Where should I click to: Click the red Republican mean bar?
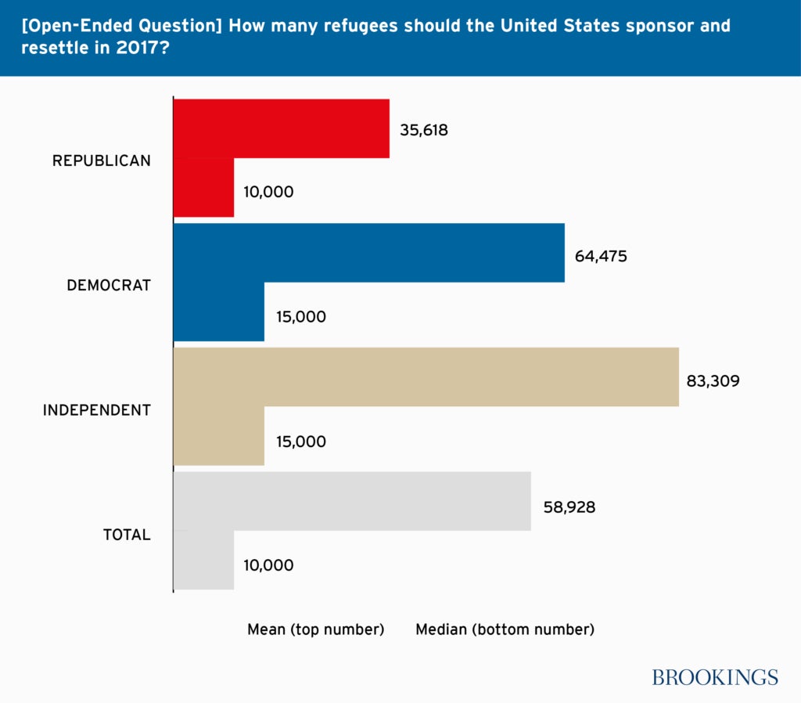(282, 128)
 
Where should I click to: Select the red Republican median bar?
(203, 188)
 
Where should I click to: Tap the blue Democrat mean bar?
(368, 253)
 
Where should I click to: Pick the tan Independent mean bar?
(426, 377)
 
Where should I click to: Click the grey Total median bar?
(203, 561)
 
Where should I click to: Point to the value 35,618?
(424, 131)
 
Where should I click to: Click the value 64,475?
(601, 256)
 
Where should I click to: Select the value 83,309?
(713, 381)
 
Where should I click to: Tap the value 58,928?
(569, 507)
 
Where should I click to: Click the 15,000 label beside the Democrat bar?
(301, 317)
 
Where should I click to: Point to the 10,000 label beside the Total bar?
(268, 565)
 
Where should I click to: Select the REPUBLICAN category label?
(101, 160)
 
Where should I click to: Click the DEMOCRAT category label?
(109, 286)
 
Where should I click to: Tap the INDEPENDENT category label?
(96, 410)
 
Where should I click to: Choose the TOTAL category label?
(127, 535)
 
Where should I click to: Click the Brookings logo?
(715, 677)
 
